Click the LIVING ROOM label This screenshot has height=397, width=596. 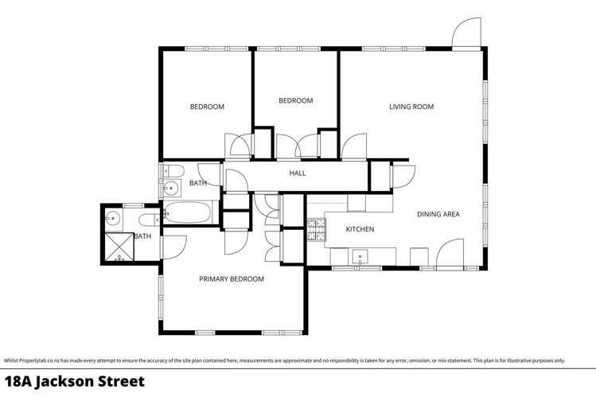[411, 107]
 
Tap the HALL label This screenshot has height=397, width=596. [298, 173]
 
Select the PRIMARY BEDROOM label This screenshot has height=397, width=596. [232, 278]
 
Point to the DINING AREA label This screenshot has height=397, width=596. [438, 214]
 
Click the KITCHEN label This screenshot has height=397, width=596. [360, 229]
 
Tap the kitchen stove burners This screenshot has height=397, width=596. [316, 230]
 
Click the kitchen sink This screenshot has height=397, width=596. [360, 257]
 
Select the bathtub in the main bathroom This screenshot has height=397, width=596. [188, 212]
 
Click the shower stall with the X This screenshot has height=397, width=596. [119, 247]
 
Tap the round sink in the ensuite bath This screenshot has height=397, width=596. [113, 219]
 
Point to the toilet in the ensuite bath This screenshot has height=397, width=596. [149, 220]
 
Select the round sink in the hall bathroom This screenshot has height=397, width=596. [170, 188]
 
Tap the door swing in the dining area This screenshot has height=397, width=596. [450, 255]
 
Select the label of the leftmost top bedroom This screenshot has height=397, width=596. [207, 107]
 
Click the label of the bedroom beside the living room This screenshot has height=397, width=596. [296, 101]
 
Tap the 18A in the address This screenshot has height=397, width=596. [18, 382]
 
